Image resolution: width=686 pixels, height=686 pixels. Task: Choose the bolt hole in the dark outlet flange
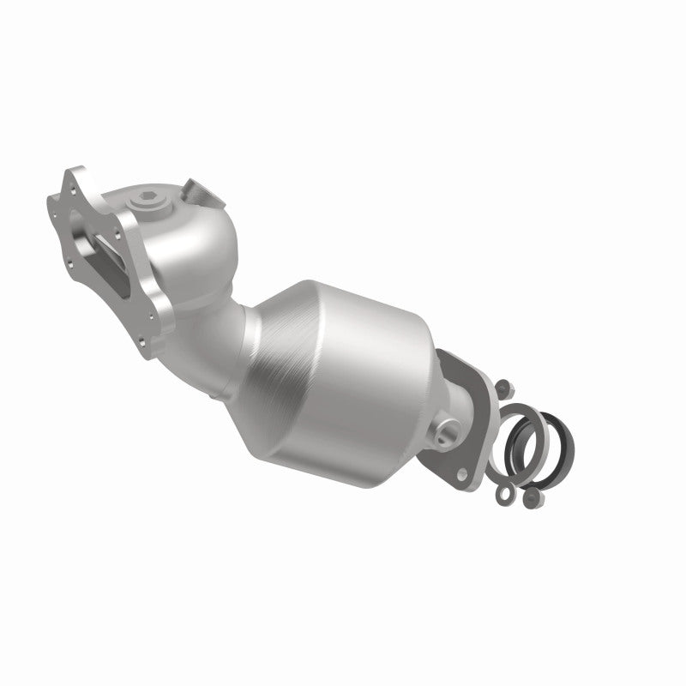tap(465, 471)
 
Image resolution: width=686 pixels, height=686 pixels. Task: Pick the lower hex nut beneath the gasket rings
tap(529, 495)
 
